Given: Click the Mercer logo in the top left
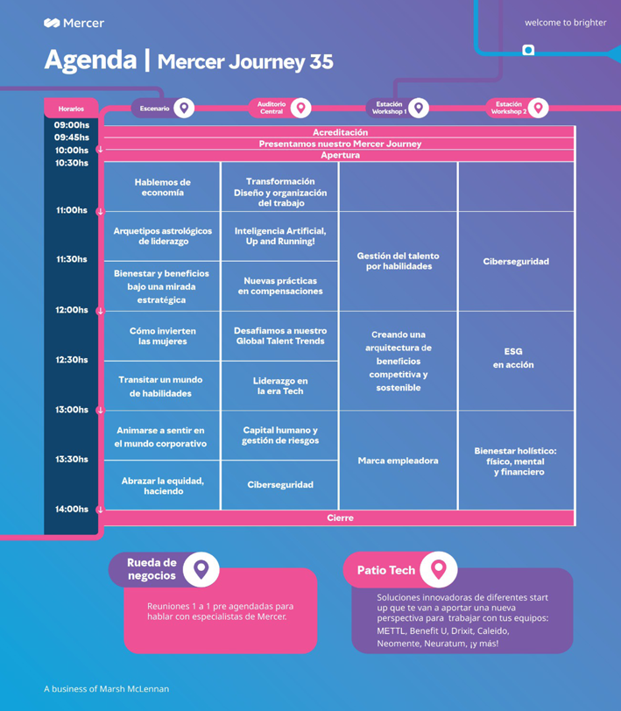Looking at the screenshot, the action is [x=74, y=23].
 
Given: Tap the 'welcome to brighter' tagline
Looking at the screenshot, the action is [x=565, y=23].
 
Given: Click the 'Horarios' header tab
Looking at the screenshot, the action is [x=71, y=109].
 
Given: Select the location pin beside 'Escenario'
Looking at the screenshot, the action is [x=184, y=108].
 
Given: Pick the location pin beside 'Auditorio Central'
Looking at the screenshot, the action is [x=300, y=108].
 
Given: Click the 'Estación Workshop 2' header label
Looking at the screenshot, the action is [x=509, y=108].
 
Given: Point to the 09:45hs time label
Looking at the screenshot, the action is [x=72, y=137].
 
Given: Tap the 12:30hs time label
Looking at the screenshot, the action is [x=72, y=360].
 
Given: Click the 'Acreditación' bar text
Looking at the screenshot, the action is [x=340, y=132].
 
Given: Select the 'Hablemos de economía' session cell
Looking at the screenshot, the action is [x=162, y=187].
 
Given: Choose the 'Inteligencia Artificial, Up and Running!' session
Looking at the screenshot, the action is [x=280, y=236].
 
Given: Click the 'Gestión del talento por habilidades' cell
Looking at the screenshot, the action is [x=399, y=261].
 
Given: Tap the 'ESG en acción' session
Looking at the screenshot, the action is [x=513, y=358].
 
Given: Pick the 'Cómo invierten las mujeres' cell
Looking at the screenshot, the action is [x=162, y=336].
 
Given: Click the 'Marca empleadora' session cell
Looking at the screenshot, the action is [x=399, y=461].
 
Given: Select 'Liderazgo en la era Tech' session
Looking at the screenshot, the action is [x=280, y=386].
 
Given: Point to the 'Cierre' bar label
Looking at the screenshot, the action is [x=340, y=517].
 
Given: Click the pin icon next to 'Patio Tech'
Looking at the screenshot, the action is [x=438, y=569].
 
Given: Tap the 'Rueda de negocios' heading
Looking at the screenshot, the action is [x=152, y=569].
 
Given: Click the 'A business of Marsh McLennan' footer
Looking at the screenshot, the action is [x=107, y=689].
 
